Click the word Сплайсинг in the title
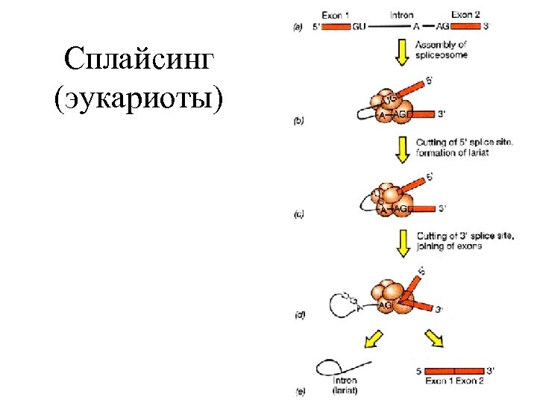[x=139, y=60]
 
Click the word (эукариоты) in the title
[x=139, y=99]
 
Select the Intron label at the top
[x=403, y=14]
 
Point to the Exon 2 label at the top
[x=467, y=14]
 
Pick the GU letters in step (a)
[x=359, y=26]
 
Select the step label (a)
[x=298, y=27]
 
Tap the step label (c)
[x=298, y=215]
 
